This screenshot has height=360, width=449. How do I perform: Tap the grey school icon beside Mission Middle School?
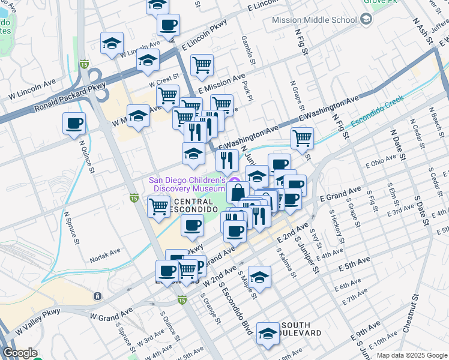point(366,20)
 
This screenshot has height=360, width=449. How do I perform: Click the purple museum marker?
point(235,181)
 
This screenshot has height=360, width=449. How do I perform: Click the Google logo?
point(20,353)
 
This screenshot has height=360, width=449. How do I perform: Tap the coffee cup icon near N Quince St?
point(74,124)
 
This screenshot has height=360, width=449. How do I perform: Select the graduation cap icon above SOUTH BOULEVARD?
point(268,332)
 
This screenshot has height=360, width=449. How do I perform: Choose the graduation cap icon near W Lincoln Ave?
point(112,43)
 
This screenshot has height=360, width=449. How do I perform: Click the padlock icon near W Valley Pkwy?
point(97,296)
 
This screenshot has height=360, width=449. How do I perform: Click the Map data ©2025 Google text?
point(411,355)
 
